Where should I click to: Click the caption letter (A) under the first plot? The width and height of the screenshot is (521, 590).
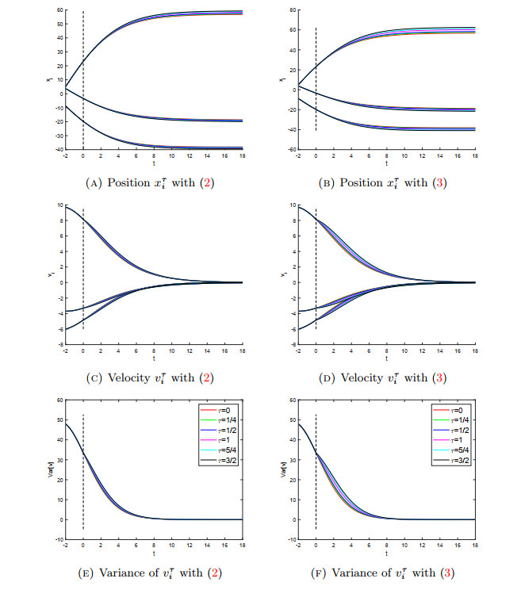[x=94, y=183]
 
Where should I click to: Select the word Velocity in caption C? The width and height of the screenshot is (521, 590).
[x=125, y=377]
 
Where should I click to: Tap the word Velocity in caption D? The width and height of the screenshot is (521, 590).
[x=358, y=377]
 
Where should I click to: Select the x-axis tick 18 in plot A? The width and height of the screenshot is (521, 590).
[x=241, y=155]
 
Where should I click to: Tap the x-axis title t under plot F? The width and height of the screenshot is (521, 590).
[x=387, y=552]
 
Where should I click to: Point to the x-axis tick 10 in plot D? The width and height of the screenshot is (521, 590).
[x=404, y=350]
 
